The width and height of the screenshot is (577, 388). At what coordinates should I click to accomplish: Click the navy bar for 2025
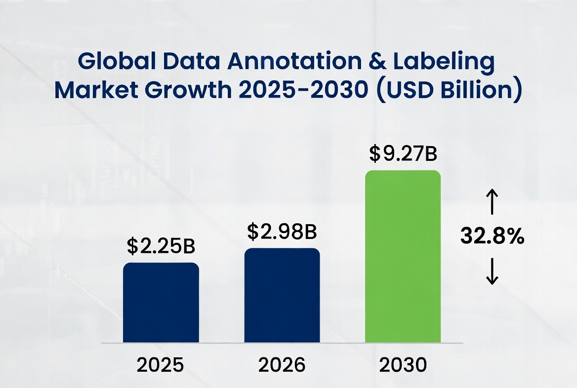[x=161, y=302]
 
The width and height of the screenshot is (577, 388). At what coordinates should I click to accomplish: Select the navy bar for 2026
[x=282, y=295]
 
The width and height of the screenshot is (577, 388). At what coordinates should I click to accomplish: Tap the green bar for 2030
[x=403, y=256]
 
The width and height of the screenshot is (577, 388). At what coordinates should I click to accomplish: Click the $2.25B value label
[x=162, y=246]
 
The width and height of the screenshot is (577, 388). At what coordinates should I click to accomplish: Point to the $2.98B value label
[x=282, y=231]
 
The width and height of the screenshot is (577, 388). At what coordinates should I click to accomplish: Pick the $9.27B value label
[x=403, y=154]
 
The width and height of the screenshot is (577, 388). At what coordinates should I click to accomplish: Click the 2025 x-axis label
[x=161, y=365]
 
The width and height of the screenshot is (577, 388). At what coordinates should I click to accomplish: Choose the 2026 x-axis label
[x=282, y=365]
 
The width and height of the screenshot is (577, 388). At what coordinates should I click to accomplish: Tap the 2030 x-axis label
[x=403, y=365]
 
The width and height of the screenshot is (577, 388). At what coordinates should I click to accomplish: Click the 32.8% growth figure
[x=492, y=237]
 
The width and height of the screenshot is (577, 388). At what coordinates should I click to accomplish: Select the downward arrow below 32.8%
[x=492, y=273]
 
